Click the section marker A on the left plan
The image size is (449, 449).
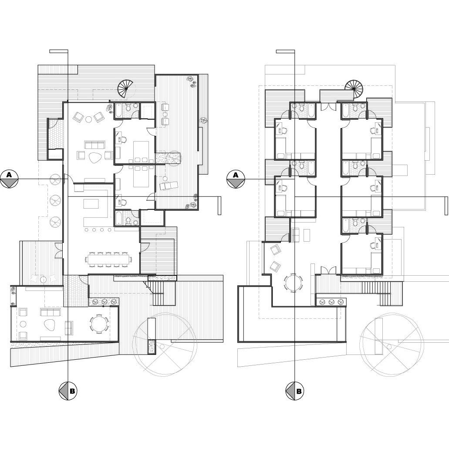[x=9, y=179]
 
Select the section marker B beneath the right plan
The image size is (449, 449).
[x=295, y=391]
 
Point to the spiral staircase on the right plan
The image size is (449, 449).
[x=354, y=89]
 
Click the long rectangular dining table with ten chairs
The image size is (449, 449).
[x=108, y=260]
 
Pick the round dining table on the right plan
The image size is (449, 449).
[x=293, y=283]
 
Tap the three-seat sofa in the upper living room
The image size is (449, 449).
[x=95, y=145]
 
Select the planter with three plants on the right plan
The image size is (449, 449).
[x=331, y=302]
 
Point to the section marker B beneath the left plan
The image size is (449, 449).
[x=68, y=391]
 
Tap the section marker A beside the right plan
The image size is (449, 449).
[x=236, y=179]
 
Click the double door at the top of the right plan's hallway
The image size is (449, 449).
[x=328, y=106]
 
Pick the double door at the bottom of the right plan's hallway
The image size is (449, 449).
[x=328, y=270]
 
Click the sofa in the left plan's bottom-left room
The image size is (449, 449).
[x=50, y=312]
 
